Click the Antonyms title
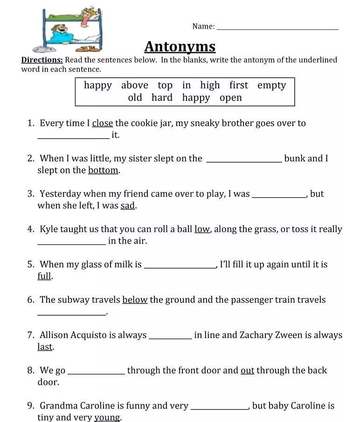tap(180, 47)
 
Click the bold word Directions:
tap(42, 60)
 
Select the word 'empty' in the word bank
tap(271, 85)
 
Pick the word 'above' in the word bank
tap(135, 85)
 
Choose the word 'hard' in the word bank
tap(162, 98)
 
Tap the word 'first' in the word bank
tap(239, 85)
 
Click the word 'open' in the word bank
tap(231, 98)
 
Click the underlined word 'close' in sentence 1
tap(103, 124)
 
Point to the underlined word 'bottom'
tap(103, 170)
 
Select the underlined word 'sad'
tap(128, 206)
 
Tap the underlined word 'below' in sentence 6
tap(135, 300)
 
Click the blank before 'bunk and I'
tap(244, 161)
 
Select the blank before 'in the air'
tap(71, 243)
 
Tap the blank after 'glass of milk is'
tap(180, 267)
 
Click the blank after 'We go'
tap(96, 373)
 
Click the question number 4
tap(31, 229)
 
